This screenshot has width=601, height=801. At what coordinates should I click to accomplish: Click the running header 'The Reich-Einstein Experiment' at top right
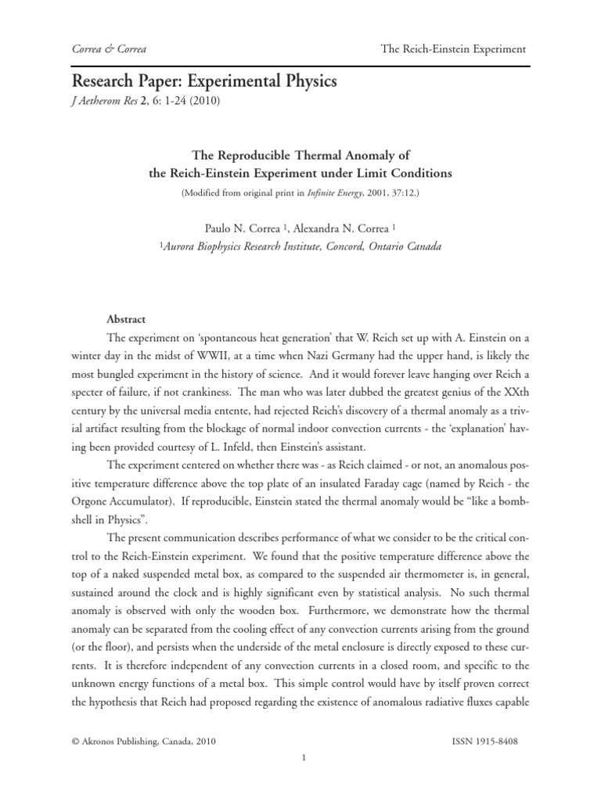pyautogui.click(x=453, y=49)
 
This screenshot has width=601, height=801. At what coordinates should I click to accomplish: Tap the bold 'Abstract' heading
pyautogui.click(x=126, y=319)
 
